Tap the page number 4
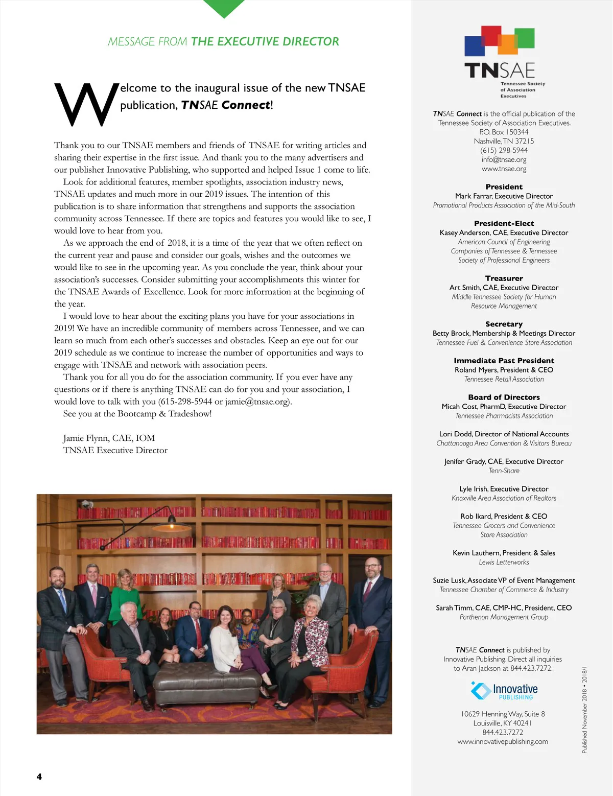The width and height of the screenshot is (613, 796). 39,777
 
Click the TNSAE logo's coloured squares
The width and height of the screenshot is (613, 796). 499,41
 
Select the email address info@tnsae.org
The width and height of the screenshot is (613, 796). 504,159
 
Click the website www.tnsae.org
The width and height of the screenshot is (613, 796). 504,169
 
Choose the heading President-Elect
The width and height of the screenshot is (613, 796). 504,223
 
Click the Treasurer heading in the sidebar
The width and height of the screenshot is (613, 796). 504,278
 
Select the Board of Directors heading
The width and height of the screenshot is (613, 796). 504,397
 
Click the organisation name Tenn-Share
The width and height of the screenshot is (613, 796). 504,471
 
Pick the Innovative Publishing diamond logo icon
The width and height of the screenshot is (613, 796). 480,691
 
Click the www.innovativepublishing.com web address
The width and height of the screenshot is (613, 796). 503,741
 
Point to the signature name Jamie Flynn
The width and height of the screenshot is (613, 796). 86,438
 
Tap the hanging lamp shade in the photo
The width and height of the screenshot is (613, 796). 172,527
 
